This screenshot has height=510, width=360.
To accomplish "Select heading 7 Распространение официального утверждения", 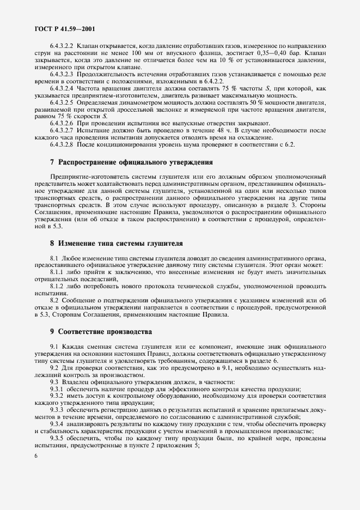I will [x=128, y=162].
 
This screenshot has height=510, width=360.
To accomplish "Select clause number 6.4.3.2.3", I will [x=62, y=73].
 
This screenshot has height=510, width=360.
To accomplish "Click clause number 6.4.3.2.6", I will [x=62, y=123].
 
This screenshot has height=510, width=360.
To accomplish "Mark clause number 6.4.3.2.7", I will [x=62, y=131].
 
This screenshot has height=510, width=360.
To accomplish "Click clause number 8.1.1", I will [x=57, y=271].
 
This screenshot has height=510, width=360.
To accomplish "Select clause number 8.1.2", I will [x=57, y=285].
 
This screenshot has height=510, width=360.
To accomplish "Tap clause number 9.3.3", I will [x=57, y=409].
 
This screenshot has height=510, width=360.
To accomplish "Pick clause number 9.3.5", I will [x=57, y=438].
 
